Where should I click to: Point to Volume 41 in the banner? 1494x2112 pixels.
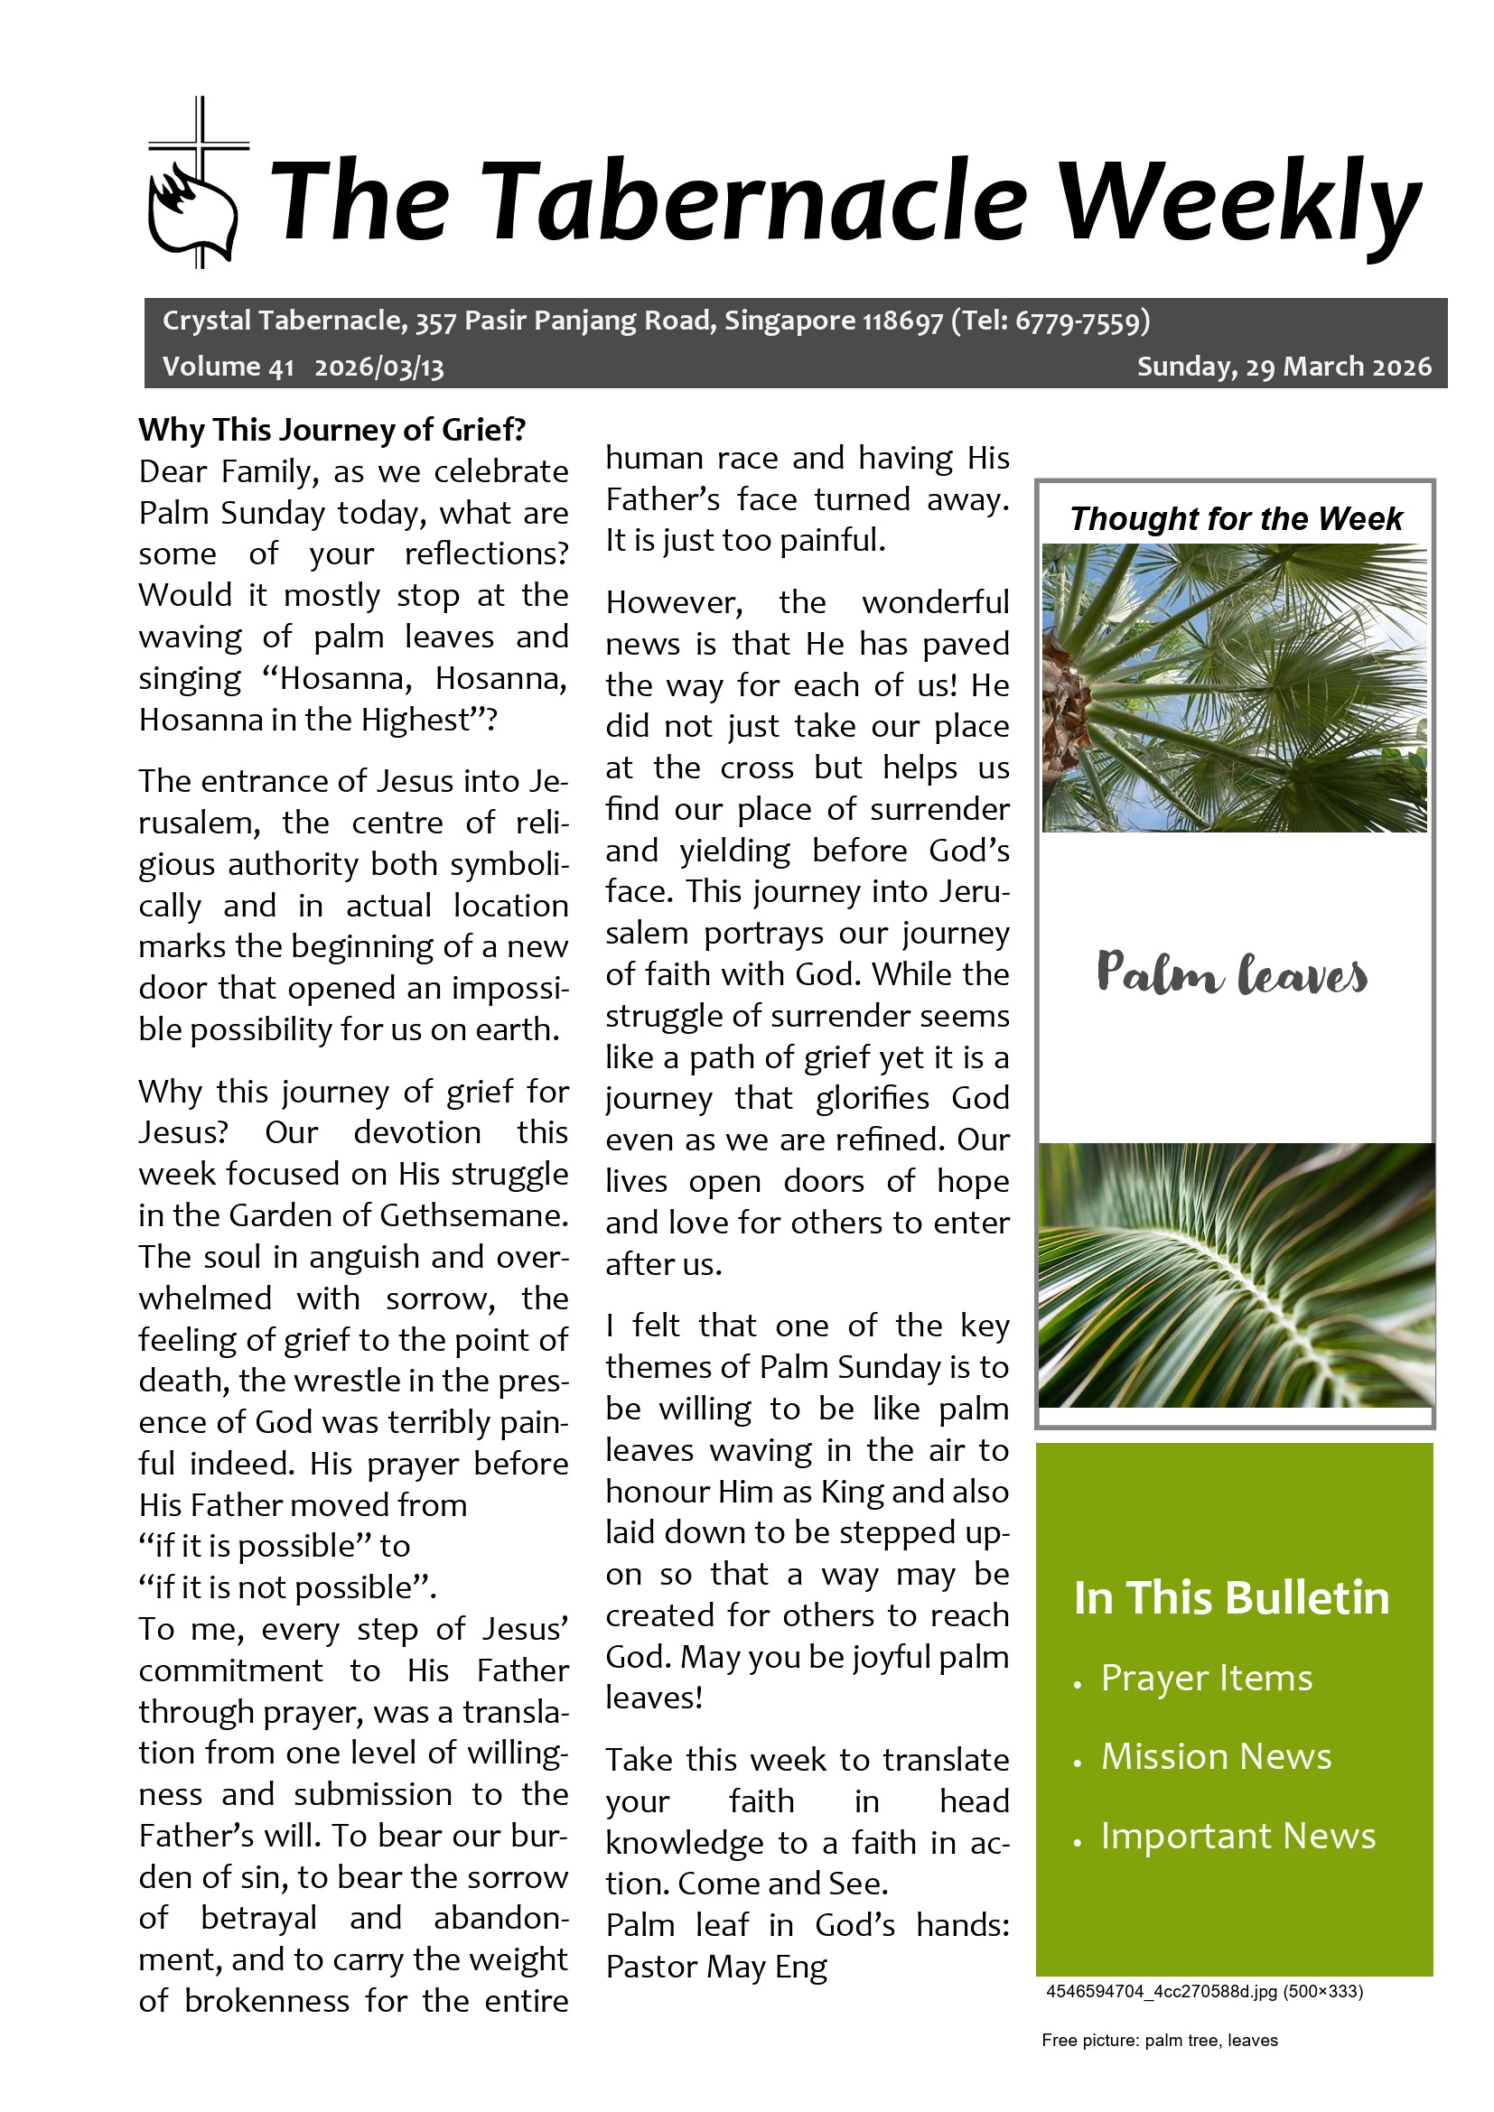point(229,367)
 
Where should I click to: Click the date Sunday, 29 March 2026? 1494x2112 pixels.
point(1284,367)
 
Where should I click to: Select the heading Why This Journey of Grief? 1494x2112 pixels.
point(332,430)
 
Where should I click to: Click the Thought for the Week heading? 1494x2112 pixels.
point(1236,519)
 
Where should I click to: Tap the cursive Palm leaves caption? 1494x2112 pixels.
point(1232,974)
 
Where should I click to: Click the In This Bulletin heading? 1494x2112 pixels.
point(1231,1598)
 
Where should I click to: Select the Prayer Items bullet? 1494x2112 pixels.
point(1206,1679)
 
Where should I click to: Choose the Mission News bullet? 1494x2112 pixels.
point(1215,1757)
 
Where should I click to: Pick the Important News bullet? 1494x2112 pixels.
point(1237,1836)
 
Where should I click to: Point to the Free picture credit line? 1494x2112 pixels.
point(1159,2041)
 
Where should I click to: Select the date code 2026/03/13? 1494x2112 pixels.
point(379,367)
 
